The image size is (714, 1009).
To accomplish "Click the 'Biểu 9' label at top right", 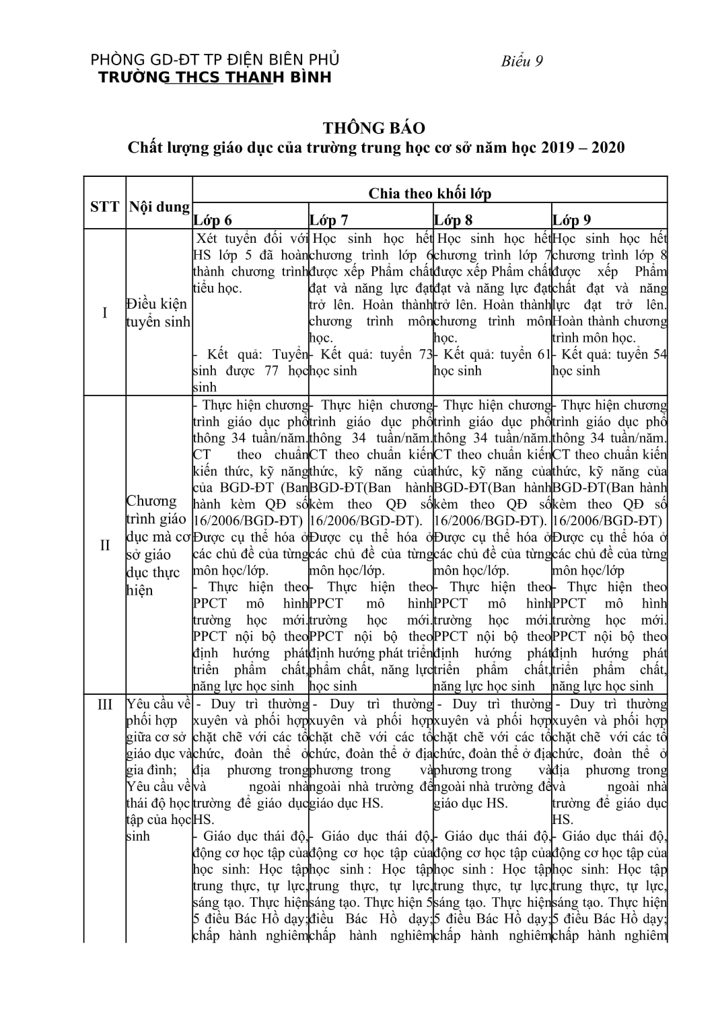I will [x=522, y=62].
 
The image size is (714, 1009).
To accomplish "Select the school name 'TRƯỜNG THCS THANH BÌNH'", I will [x=215, y=77].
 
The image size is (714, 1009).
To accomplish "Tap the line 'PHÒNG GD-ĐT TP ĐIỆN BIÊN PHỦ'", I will [x=215, y=60].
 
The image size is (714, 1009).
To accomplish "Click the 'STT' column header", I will [x=104, y=207].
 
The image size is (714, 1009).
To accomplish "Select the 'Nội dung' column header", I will [x=159, y=207].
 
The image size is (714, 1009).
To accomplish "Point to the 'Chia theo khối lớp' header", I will [x=429, y=194].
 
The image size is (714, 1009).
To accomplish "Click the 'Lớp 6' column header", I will [x=213, y=220].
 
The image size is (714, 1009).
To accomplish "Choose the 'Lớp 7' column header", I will [x=329, y=220].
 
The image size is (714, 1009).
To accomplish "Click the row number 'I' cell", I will [x=104, y=313].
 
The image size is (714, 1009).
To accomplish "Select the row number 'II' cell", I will [x=104, y=545].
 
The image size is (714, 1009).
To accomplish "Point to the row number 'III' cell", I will [x=104, y=704].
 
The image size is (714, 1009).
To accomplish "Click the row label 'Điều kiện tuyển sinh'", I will [x=159, y=313].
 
